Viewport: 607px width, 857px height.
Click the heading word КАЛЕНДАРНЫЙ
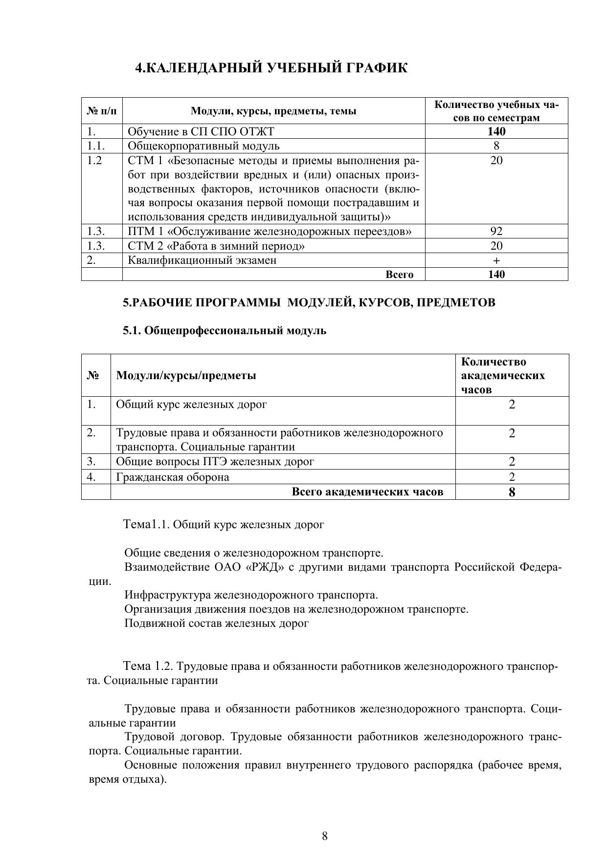205,68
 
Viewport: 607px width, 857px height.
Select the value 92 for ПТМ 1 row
496,231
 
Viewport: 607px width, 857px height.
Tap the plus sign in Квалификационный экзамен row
496,260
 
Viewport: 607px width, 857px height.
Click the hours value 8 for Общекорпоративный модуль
496,146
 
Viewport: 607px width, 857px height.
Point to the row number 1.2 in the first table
94,160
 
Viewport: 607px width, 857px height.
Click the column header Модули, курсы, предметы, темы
273,111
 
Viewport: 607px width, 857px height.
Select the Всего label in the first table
399,275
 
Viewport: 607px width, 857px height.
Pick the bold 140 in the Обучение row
496,131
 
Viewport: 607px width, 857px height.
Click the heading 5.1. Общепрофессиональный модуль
225,331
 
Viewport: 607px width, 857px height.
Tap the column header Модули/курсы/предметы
186,376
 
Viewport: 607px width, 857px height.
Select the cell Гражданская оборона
172,477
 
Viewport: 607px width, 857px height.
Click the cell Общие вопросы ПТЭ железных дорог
215,461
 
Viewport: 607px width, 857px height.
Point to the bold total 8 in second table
512,492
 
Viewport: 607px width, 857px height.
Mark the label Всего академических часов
367,492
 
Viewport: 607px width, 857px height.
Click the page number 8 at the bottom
325,836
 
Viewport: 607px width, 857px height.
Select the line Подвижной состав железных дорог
216,623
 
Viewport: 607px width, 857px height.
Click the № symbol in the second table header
93,376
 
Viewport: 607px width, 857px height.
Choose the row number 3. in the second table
91,461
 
